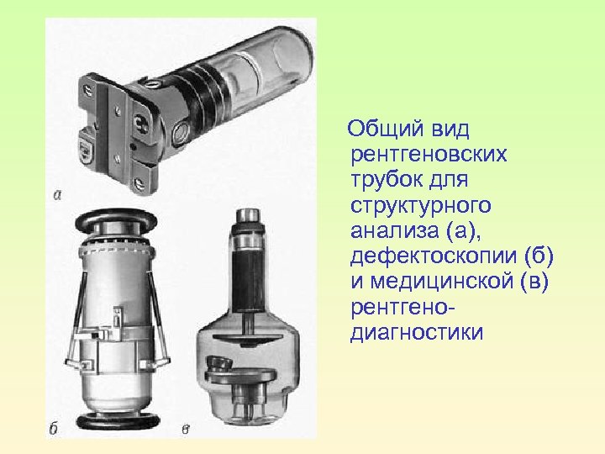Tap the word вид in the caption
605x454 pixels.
(450, 129)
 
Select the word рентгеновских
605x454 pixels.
(429, 155)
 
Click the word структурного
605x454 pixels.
(423, 205)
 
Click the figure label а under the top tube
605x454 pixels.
(56, 195)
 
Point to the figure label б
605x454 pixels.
(54, 429)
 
